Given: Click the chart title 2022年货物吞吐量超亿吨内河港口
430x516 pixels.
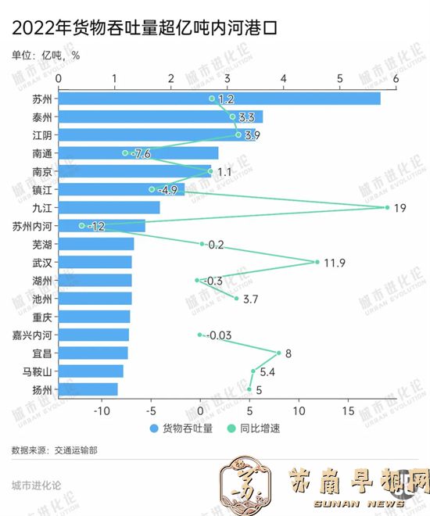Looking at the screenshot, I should (x=145, y=30).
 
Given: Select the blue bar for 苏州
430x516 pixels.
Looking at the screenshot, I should (x=219, y=99).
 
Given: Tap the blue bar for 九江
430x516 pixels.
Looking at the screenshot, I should (x=109, y=207).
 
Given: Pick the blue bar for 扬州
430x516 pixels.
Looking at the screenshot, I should (x=88, y=389).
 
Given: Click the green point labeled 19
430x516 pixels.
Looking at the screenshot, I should (x=387, y=207).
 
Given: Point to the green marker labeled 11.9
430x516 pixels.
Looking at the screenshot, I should (x=317, y=262).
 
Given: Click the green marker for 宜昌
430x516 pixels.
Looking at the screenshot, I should (x=278, y=353).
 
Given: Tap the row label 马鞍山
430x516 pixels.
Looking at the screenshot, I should (x=37, y=371).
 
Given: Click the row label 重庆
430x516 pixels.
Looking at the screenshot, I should (x=42, y=317).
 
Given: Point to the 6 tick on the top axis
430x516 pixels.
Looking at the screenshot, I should (x=396, y=79).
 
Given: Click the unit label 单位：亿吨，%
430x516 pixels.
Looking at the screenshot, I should (x=46, y=55).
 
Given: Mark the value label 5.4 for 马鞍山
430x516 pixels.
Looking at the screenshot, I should (x=267, y=371).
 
